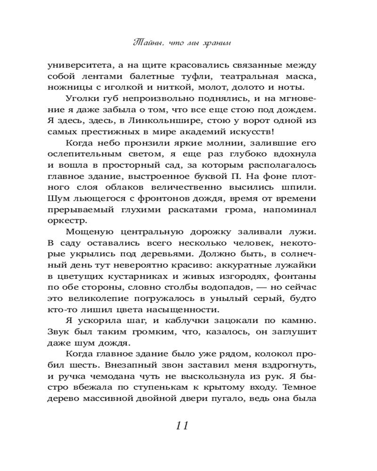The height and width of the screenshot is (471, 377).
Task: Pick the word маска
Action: pos(301,76)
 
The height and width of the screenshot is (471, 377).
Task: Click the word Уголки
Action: pos(81,99)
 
